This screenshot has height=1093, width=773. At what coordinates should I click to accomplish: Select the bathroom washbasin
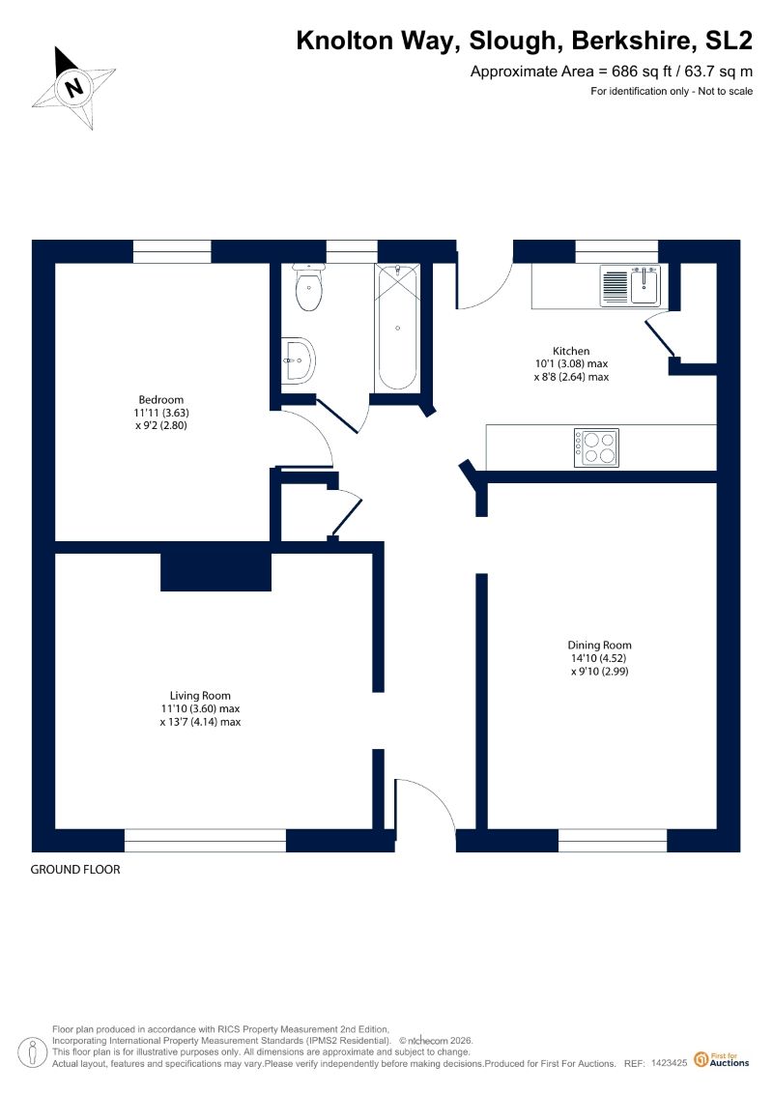pyautogui.click(x=299, y=360)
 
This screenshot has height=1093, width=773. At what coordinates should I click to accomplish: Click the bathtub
pyautogui.click(x=397, y=327)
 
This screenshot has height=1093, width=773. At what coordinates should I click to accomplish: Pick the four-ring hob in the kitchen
pyautogui.click(x=596, y=447)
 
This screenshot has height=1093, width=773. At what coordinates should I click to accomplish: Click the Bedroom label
pyautogui.click(x=161, y=399)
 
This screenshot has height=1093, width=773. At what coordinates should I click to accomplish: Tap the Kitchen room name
pyautogui.click(x=571, y=352)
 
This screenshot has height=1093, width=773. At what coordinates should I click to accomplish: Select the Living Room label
pyautogui.click(x=200, y=695)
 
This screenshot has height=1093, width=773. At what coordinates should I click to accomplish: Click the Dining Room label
pyautogui.click(x=599, y=645)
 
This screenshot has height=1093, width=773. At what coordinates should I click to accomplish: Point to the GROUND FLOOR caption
pyautogui.click(x=75, y=869)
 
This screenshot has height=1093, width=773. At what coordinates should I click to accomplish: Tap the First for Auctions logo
pyautogui.click(x=722, y=1060)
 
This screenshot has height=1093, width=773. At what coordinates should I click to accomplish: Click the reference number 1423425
pyautogui.click(x=670, y=1063)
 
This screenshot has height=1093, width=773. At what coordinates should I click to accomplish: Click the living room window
pyautogui.click(x=205, y=841)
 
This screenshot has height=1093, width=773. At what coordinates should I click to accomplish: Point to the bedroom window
pyautogui.click(x=171, y=251)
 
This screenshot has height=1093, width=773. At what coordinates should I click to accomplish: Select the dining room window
pyautogui.click(x=613, y=841)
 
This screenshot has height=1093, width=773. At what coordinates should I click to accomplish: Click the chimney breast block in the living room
pyautogui.click(x=215, y=571)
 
